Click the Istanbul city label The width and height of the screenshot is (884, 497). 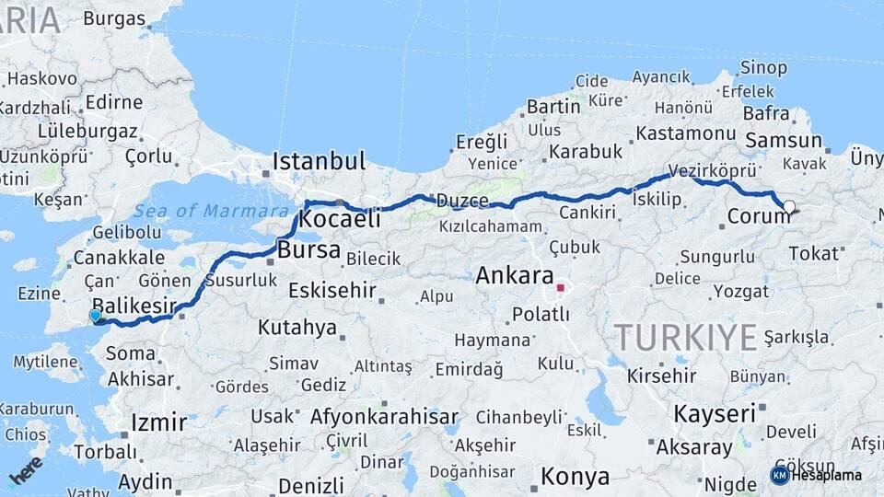[319, 161]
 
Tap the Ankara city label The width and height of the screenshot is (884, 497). [515, 275]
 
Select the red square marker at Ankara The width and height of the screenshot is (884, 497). [560, 288]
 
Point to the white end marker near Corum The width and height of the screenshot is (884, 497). [789, 207]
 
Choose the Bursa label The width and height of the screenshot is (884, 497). [308, 249]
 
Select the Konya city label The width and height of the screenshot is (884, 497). [575, 477]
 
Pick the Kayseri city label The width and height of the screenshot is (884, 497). [715, 413]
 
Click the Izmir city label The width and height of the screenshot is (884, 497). [159, 422]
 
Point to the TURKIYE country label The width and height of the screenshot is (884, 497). [685, 338]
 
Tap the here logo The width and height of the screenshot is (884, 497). [26, 469]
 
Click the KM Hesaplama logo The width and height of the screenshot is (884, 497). [816, 475]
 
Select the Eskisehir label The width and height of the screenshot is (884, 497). [331, 291]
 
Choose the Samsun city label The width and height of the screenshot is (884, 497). [783, 141]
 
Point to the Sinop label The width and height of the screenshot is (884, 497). [763, 66]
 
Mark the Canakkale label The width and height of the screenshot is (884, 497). [119, 258]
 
